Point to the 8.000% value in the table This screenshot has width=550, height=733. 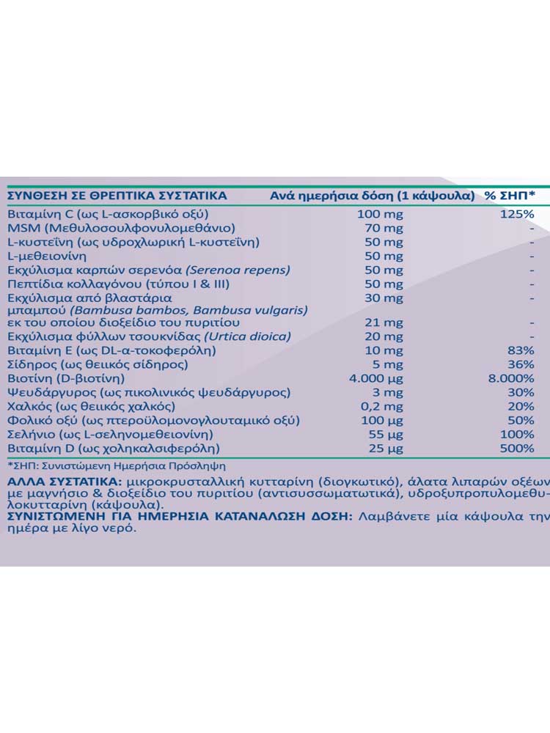[x=511, y=379]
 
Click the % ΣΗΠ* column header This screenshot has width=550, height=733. [x=510, y=196]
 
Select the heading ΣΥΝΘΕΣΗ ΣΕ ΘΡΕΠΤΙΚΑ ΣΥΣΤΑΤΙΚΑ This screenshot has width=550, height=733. [x=117, y=196]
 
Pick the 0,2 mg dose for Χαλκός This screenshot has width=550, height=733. [x=384, y=406]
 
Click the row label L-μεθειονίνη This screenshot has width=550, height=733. [x=47, y=256]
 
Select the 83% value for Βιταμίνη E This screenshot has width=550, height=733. [x=521, y=351]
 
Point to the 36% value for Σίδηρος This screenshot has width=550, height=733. [x=521, y=365]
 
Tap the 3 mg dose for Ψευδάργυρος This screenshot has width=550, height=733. [x=389, y=393]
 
